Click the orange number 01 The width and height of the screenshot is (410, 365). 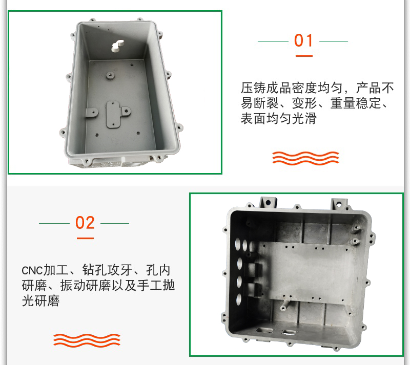click(x=303, y=40)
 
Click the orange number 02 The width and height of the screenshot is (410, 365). click(x=85, y=223)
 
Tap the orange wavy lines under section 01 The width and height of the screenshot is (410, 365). click(x=305, y=158)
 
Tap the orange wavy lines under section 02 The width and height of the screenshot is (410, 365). click(x=87, y=340)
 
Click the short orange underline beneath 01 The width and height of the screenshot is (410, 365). click(x=304, y=56)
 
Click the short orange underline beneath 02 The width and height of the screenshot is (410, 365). click(x=85, y=238)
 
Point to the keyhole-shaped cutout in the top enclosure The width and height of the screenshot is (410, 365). click(x=118, y=46)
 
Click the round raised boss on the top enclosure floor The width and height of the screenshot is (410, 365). click(x=110, y=76)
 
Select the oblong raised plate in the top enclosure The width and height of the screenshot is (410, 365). click(x=113, y=115)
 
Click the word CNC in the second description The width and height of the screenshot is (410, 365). click(x=32, y=271)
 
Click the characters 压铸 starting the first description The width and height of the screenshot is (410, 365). click(x=253, y=88)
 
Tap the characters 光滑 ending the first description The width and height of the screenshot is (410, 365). click(x=304, y=118)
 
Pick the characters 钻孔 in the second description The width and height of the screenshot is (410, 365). click(x=95, y=270)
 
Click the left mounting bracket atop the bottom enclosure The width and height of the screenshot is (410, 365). click(x=268, y=203)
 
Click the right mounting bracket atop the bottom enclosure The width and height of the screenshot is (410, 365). click(x=339, y=204)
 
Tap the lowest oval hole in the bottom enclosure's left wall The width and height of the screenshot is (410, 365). click(x=239, y=299)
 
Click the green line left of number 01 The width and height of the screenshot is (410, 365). click(x=273, y=41)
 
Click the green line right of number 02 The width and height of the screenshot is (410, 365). click(x=115, y=223)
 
